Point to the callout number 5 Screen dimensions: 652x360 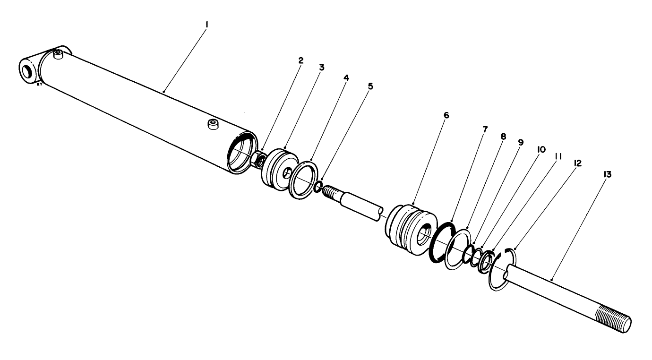pos(370,86)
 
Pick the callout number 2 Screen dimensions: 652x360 pos(300,60)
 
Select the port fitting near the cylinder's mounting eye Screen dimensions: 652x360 pos(58,54)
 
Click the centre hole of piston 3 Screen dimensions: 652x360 pos(286,174)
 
